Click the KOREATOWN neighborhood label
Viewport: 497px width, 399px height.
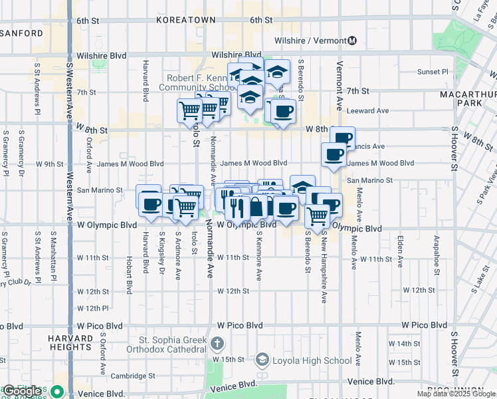pyautogui.click(x=186, y=20)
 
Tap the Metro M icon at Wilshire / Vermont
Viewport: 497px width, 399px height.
pyautogui.click(x=352, y=41)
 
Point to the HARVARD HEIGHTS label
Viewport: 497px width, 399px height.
pyautogui.click(x=70, y=342)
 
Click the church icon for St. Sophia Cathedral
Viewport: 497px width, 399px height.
pyautogui.click(x=217, y=344)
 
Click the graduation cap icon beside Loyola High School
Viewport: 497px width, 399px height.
pyautogui.click(x=263, y=360)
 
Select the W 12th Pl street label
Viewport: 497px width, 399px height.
pyautogui.click(x=92, y=308)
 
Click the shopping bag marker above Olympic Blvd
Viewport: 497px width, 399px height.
pyautogui.click(x=256, y=207)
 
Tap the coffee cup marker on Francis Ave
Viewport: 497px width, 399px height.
pyautogui.click(x=342, y=139)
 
